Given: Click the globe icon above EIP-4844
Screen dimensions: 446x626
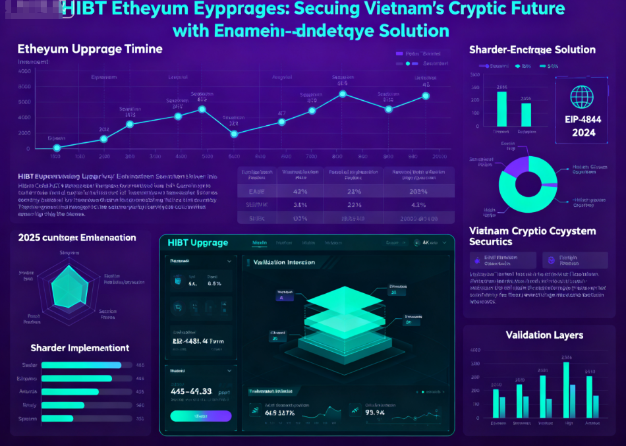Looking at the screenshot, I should tap(583, 97).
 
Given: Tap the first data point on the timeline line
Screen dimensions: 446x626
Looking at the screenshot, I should tap(57, 148).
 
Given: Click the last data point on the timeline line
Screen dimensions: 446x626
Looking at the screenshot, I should tap(426, 96).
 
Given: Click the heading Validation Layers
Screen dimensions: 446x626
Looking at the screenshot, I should tap(544, 335).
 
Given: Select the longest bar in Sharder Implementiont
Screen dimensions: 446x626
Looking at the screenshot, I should tap(82, 365).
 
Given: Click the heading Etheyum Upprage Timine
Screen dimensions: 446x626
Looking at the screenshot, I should tap(90, 49).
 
